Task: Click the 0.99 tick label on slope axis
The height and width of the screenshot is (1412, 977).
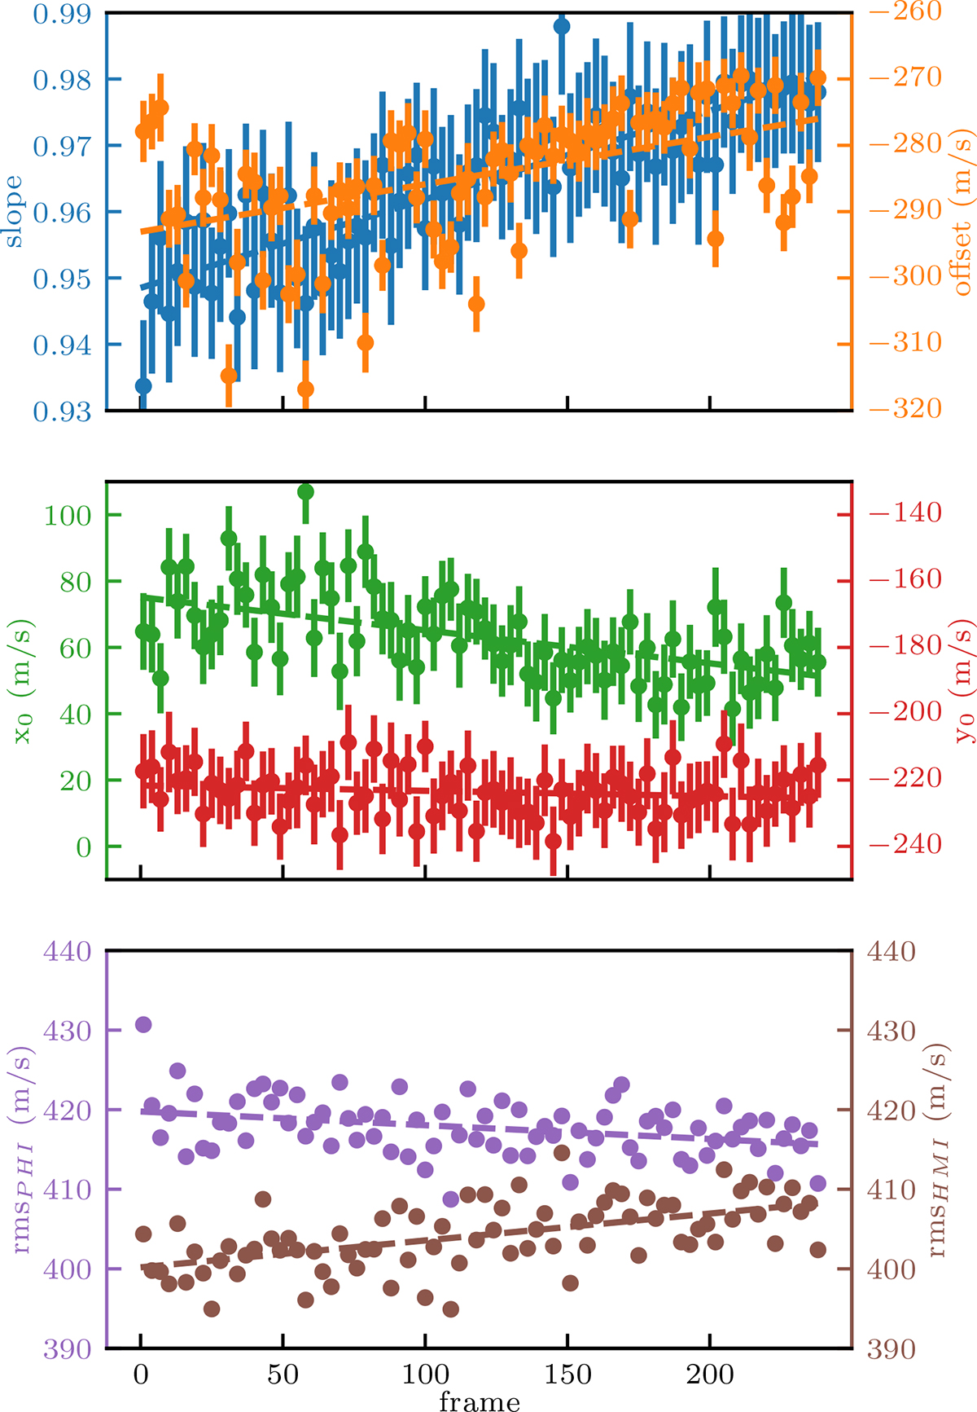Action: [x=61, y=14]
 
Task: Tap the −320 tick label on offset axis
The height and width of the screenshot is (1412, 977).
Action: [x=905, y=408]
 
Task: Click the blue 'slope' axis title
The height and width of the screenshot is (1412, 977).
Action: [x=14, y=212]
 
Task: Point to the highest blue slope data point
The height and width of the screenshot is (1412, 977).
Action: [x=561, y=26]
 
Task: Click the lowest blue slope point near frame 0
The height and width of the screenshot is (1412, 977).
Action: [x=143, y=385]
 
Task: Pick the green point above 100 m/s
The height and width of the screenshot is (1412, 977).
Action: [x=306, y=491]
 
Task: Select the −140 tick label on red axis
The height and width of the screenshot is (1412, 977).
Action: [x=905, y=512]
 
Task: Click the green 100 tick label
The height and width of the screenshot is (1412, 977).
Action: [x=68, y=515]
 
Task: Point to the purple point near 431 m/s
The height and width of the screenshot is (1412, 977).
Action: [x=143, y=1024]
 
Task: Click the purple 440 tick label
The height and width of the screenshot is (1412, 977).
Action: [x=68, y=952]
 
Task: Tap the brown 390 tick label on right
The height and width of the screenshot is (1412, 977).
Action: [x=891, y=1349]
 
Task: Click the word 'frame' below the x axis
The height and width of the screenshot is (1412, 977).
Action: [x=479, y=1400]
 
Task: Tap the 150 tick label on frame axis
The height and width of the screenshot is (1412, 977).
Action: [x=567, y=1375]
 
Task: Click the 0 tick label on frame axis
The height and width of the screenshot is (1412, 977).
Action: [x=142, y=1375]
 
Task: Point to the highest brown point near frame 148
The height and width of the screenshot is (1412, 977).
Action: [x=562, y=1153]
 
